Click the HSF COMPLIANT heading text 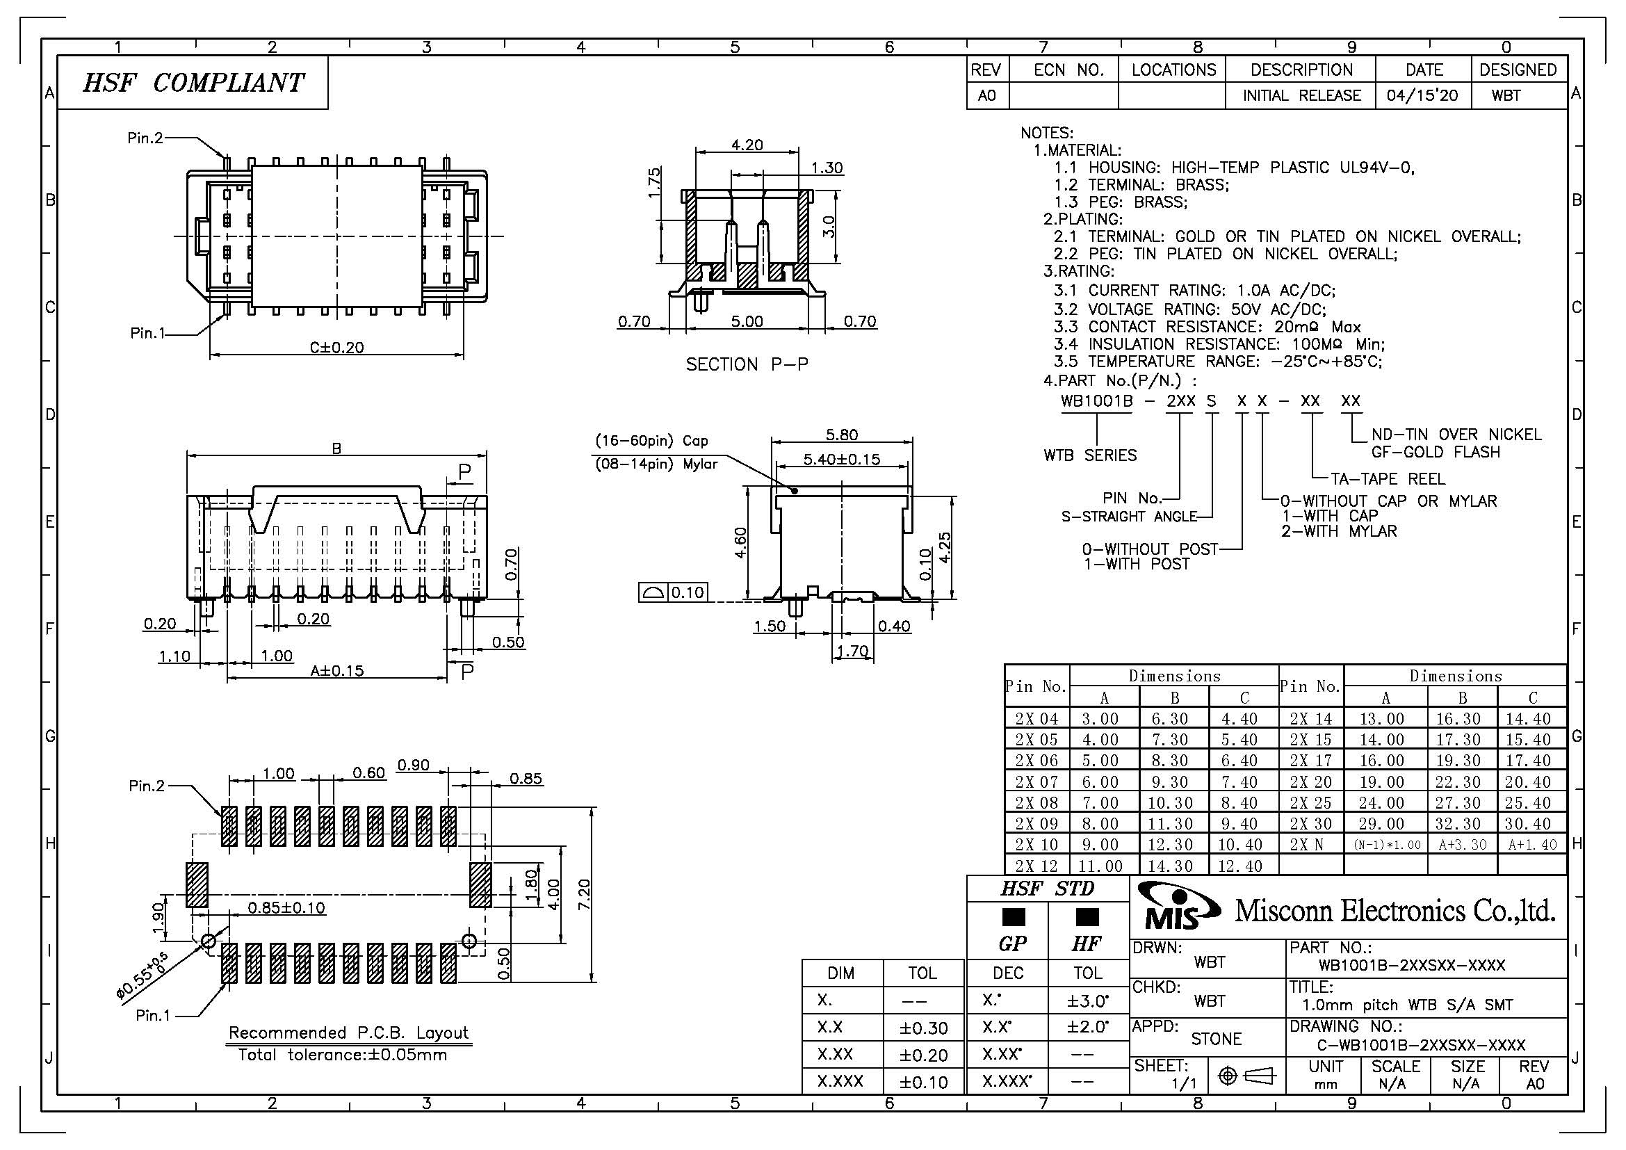(x=193, y=83)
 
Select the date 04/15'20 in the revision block (x=1422, y=95)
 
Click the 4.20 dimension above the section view (x=747, y=145)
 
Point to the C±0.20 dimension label (x=336, y=347)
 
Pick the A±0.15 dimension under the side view (x=336, y=670)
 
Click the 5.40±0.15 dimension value (x=841, y=459)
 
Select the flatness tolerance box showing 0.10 (x=673, y=592)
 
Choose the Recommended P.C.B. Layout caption (x=348, y=1032)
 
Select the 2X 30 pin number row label (x=1311, y=823)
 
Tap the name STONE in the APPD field (x=1216, y=1039)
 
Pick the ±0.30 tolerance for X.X (x=922, y=1028)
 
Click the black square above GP (x=1014, y=917)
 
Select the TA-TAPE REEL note (x=1388, y=478)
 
